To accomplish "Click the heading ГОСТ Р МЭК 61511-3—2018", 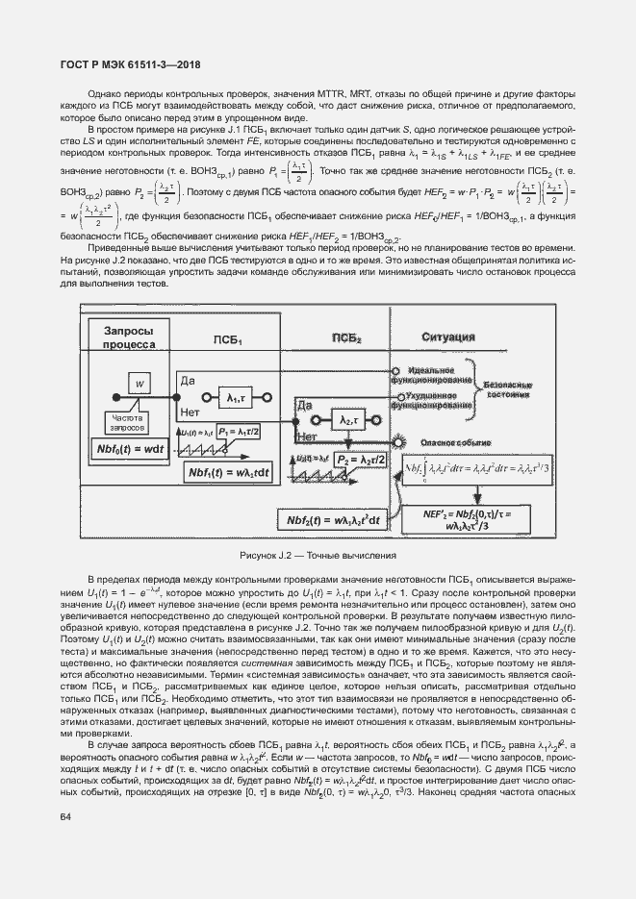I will (x=120, y=66).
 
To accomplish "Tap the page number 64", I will (x=66, y=817).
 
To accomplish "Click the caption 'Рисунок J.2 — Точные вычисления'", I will (x=318, y=556).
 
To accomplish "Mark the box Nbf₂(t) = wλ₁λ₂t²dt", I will (x=332, y=520).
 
